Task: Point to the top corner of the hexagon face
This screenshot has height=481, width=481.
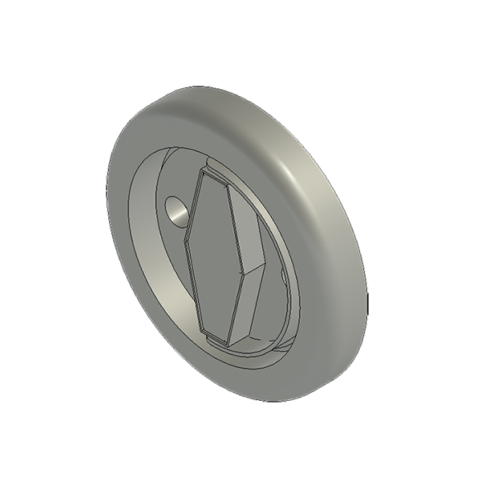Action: pyautogui.click(x=207, y=174)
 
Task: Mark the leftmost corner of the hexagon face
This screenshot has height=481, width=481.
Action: pyautogui.click(x=190, y=242)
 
